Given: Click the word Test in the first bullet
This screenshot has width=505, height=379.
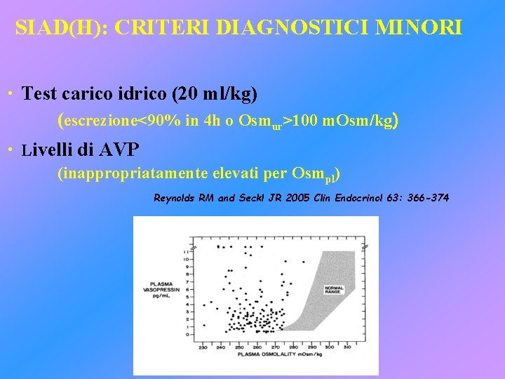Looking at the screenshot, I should coord(38,93).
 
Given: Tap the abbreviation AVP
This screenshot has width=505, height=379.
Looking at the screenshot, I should coord(120,149).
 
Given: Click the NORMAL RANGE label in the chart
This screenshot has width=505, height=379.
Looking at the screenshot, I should coord(334,289).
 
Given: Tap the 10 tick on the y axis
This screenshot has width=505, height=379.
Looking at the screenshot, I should coord(185,258).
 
